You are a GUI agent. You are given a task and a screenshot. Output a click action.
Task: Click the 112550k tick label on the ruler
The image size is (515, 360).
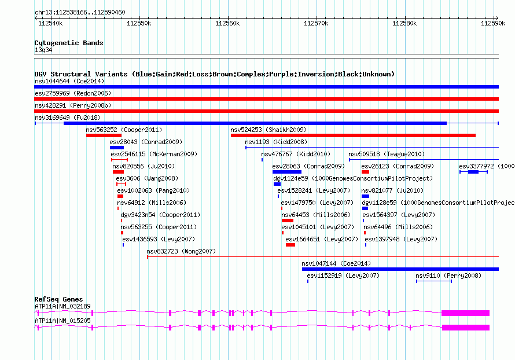click(x=139, y=23)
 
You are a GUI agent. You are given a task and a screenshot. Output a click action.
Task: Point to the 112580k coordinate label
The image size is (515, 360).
click(x=404, y=23)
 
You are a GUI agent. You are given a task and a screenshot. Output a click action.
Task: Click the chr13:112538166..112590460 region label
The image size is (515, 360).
click(x=80, y=13)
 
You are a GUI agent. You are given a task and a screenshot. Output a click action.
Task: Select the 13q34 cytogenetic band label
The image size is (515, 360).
click(x=43, y=50)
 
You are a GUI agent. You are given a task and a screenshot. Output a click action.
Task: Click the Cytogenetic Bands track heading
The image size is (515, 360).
click(x=69, y=43)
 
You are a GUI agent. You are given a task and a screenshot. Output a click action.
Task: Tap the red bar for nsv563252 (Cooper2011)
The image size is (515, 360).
click(x=104, y=135)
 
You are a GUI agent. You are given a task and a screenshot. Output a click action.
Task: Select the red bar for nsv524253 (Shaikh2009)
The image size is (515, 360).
click(x=353, y=135)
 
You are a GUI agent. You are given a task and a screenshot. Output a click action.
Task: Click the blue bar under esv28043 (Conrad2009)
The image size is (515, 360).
click(x=116, y=148)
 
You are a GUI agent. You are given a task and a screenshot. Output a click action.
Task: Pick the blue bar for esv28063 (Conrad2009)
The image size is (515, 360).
click(x=287, y=172)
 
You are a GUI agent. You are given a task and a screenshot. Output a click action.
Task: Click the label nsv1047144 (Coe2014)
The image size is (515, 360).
click(x=336, y=263)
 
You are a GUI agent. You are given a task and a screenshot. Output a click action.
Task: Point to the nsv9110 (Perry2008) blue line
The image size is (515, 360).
click(x=434, y=281)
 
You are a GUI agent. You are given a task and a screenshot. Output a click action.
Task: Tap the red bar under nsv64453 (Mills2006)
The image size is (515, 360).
click(x=288, y=221)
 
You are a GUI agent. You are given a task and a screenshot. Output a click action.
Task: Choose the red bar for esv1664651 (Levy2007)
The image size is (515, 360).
click(x=290, y=245)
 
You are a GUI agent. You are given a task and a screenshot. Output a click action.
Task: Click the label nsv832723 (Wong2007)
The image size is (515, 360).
click(x=181, y=251)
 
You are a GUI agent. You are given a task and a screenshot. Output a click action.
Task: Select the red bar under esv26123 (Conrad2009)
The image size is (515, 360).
click(x=365, y=172)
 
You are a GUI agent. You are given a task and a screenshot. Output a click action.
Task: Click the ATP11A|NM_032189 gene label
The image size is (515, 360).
click(x=62, y=306)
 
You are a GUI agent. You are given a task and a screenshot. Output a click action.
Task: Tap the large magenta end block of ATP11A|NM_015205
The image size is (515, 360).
click(x=466, y=328)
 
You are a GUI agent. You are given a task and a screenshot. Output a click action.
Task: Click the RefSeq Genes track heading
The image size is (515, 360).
click(x=58, y=299)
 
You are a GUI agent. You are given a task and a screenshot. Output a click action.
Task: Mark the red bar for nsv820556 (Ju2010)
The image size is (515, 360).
click(x=118, y=172)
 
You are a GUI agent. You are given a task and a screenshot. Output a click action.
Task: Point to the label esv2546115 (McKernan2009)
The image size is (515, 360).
click(x=154, y=154)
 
